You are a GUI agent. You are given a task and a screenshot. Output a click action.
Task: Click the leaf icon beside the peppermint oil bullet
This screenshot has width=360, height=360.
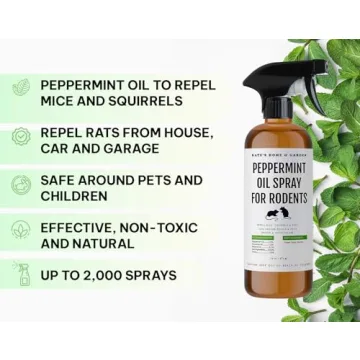click(21, 90)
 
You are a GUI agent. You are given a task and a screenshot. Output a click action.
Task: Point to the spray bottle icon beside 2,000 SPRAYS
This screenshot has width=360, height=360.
click(21, 275)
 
